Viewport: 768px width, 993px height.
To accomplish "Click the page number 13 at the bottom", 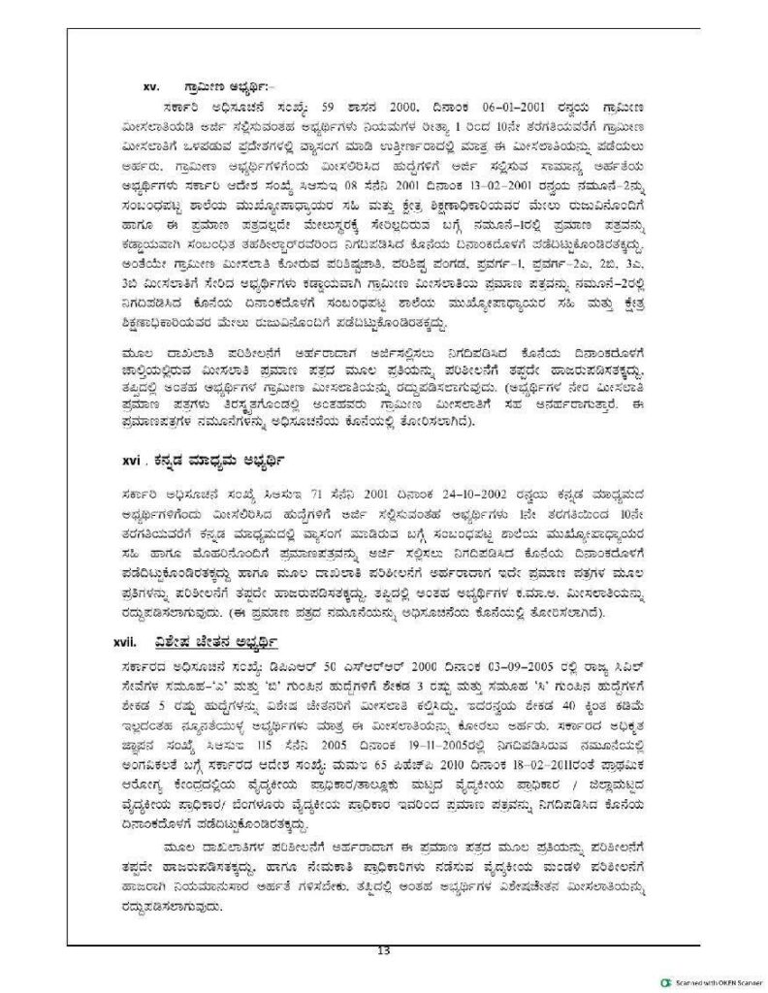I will (x=383, y=949).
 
